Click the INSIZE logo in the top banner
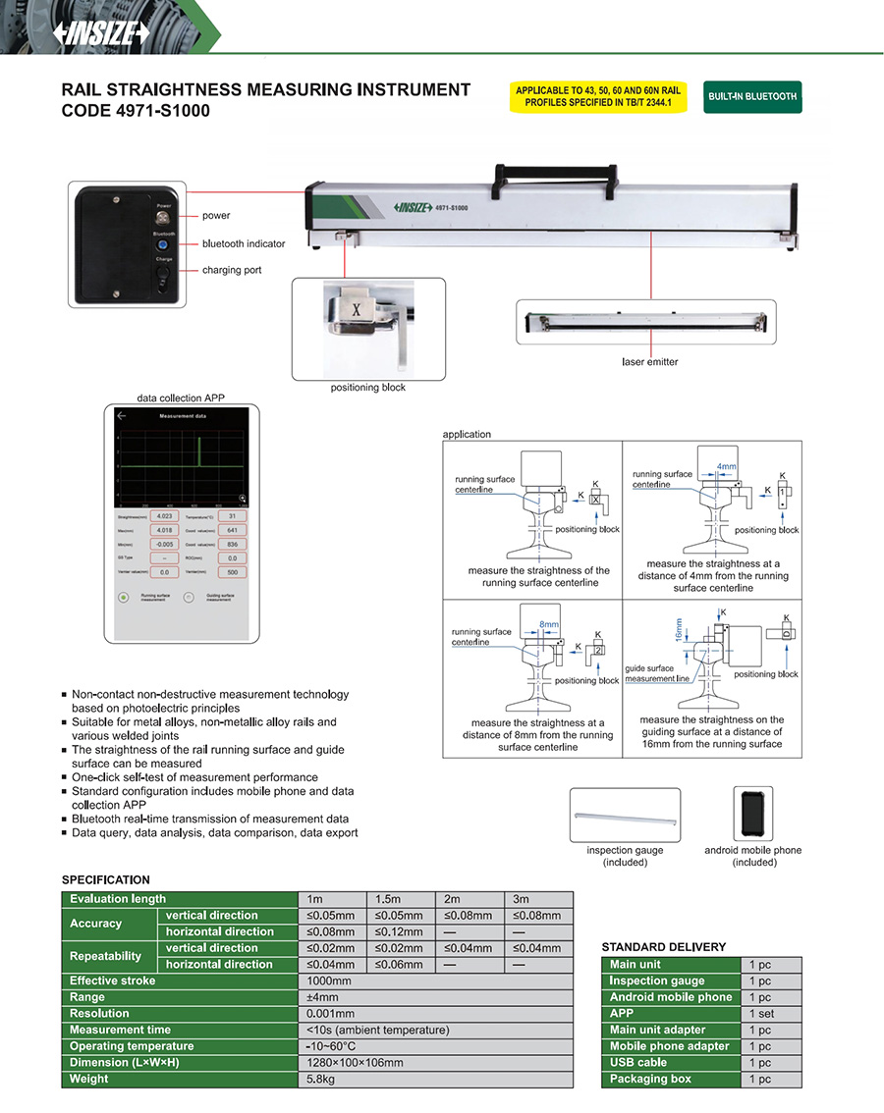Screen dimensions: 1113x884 pyautogui.click(x=102, y=32)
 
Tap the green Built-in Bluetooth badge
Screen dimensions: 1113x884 pyautogui.click(x=752, y=97)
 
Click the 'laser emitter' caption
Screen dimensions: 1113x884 pyautogui.click(x=650, y=362)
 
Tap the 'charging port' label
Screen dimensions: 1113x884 pyautogui.click(x=232, y=270)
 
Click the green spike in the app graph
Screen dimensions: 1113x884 pyautogui.click(x=198, y=452)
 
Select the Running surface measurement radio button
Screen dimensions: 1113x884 pyautogui.click(x=124, y=597)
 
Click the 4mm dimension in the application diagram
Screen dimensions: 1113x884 pyautogui.click(x=727, y=467)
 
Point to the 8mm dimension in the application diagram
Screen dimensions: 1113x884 pyautogui.click(x=548, y=624)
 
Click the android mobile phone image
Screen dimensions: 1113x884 pyautogui.click(x=752, y=814)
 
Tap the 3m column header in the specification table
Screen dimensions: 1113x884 pyautogui.click(x=538, y=899)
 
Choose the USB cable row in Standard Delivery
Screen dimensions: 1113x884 pyautogui.click(x=671, y=1063)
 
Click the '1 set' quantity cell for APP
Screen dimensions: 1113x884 pyautogui.click(x=771, y=1014)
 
